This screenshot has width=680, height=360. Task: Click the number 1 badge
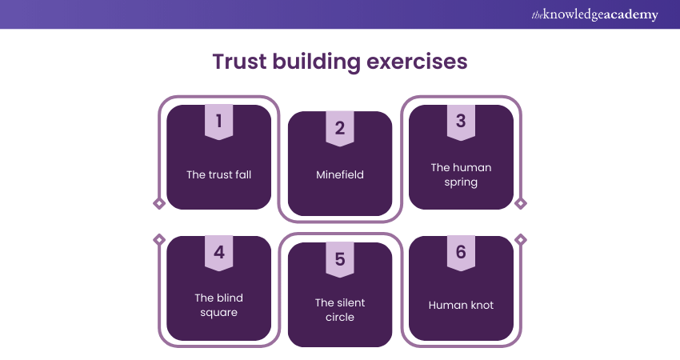218,122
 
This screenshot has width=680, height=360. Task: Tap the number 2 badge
339,129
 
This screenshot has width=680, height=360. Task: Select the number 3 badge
461,122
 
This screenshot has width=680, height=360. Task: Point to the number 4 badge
218,254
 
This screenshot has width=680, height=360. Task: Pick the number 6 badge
461,254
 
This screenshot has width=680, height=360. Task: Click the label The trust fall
218,174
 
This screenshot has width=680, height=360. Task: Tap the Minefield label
339,174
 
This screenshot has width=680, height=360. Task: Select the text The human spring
461,174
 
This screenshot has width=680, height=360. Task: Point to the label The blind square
218,305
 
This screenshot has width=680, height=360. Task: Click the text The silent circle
339,310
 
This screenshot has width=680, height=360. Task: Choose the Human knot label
461,305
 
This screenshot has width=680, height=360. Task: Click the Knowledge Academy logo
594,15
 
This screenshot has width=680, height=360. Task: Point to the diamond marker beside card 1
159,203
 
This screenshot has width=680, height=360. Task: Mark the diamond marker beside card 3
521,203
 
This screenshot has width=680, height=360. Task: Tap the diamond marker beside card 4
159,239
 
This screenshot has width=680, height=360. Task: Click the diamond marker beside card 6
521,239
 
